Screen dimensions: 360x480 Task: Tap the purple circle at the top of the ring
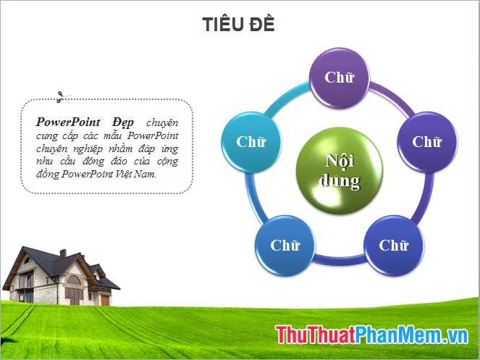[338, 77]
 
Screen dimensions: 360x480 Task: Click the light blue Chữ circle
[250, 141]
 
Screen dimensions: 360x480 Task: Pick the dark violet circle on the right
[426, 141]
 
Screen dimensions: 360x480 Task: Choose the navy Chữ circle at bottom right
[393, 245]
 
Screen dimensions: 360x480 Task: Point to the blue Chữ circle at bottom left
[285, 245]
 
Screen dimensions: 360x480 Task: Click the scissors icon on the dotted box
[62, 95]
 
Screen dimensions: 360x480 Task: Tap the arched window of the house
[74, 280]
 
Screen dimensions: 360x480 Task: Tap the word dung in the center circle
[339, 180]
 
